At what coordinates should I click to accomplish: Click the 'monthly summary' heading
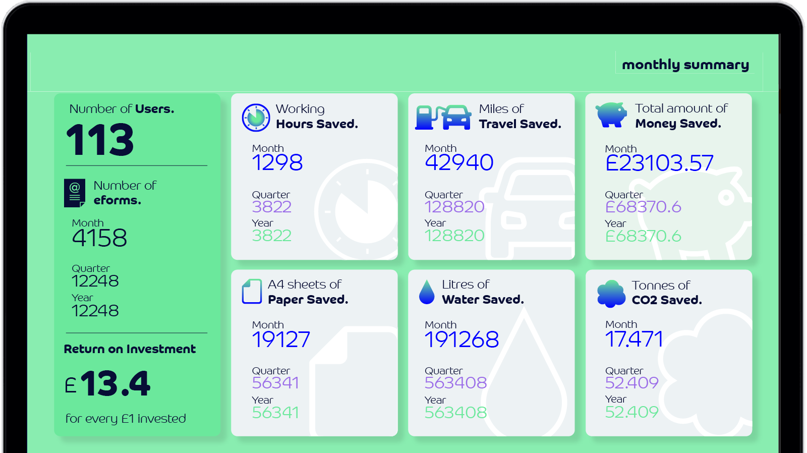pos(685,65)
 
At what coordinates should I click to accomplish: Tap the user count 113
pos(100,140)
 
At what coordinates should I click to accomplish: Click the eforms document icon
pos(74,193)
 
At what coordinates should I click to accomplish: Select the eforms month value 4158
pos(99,238)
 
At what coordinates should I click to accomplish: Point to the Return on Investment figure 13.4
pos(115,384)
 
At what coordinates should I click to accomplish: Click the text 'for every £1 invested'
pos(126,419)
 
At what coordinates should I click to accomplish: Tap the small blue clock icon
pos(256,118)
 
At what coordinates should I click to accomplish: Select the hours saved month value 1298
pos(277,162)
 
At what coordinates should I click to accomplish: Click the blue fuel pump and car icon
pos(443,117)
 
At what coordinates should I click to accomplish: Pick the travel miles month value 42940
pos(459,162)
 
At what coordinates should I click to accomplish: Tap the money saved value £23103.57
pos(659,163)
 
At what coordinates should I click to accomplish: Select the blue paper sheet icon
pos(252,292)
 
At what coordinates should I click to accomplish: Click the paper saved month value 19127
pos(281,339)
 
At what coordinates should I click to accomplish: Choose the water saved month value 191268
pos(462,339)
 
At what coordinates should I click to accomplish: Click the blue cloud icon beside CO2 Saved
pos(611,293)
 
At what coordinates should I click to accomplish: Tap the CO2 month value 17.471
pos(634,339)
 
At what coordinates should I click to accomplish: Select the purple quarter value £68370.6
pos(643,207)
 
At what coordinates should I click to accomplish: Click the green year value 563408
pos(455,413)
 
